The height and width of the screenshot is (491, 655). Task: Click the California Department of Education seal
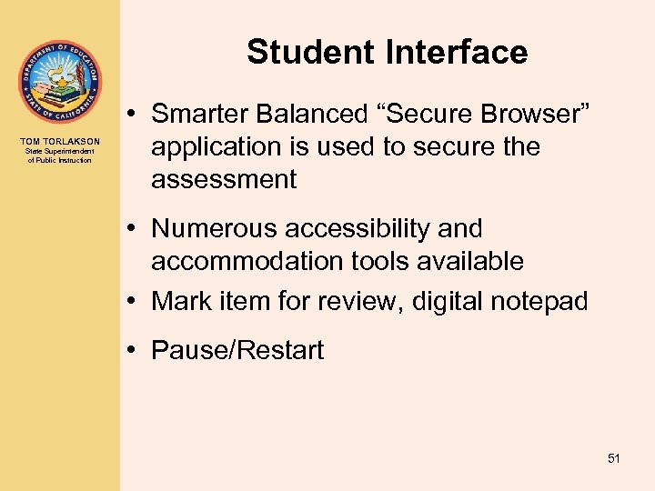(x=59, y=82)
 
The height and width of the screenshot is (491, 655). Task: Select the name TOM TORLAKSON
(x=60, y=141)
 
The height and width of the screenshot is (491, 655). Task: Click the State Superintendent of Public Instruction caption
(x=60, y=155)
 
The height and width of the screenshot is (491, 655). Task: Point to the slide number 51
(x=613, y=459)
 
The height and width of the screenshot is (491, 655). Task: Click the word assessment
(x=224, y=179)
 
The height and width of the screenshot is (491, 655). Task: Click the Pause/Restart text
(x=237, y=350)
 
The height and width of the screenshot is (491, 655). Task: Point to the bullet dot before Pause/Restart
(x=134, y=350)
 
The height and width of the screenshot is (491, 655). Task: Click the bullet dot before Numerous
(x=134, y=228)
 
